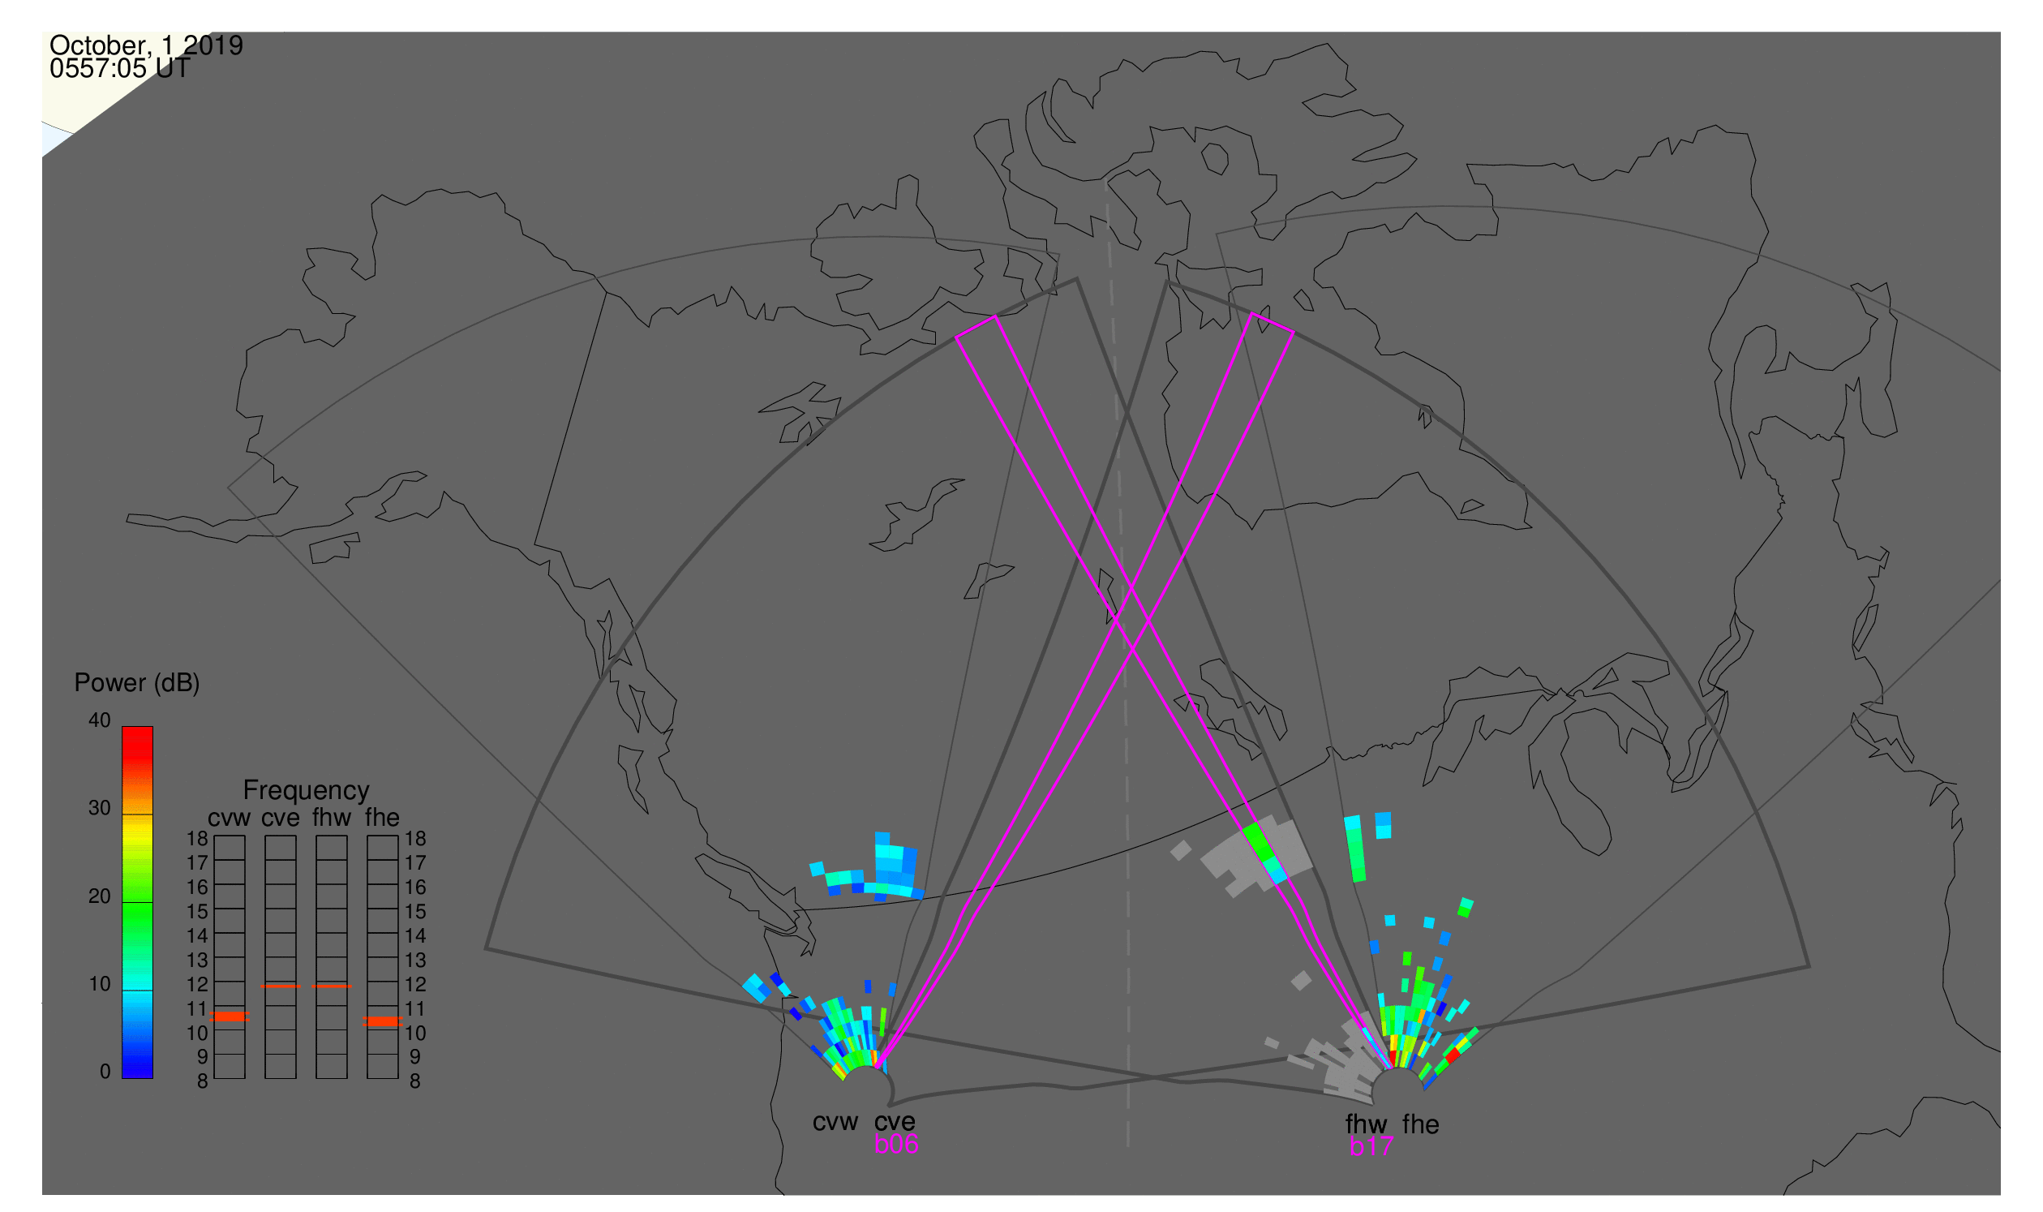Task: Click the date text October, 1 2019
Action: click(146, 45)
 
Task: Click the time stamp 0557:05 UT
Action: click(120, 69)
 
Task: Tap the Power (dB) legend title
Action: click(137, 684)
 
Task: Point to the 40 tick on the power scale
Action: click(100, 721)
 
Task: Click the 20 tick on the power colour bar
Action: click(100, 896)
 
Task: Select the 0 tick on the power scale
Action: click(105, 1072)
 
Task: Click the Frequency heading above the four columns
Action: click(307, 792)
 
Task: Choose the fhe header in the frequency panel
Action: click(382, 819)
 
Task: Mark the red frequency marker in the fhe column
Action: click(382, 1022)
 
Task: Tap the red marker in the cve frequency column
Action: click(280, 987)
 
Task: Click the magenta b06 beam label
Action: click(896, 1145)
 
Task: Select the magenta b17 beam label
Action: click(1371, 1147)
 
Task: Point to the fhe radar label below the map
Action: click(1421, 1125)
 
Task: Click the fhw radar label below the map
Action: click(1367, 1125)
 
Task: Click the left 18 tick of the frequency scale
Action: click(198, 840)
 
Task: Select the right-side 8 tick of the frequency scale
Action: click(415, 1082)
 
